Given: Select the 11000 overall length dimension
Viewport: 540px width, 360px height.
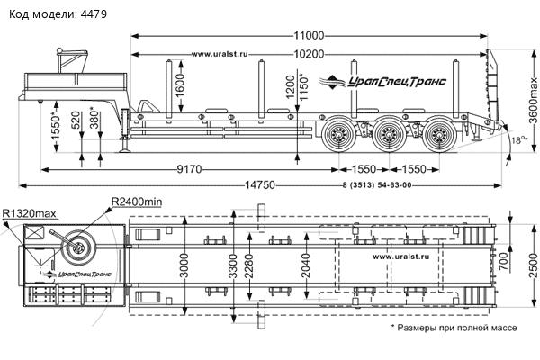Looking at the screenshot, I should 308,36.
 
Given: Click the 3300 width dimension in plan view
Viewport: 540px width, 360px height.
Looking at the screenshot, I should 234,266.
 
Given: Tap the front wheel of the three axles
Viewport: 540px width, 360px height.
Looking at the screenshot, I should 339,137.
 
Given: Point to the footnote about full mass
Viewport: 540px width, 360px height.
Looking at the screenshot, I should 454,328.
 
